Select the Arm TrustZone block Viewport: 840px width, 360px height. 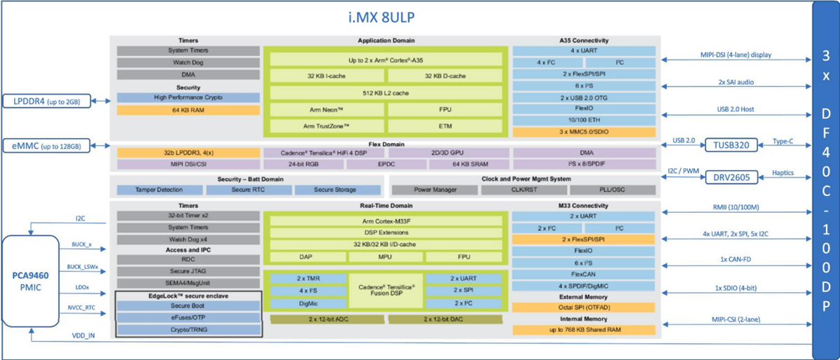[325, 126]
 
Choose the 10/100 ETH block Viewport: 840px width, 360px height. [584, 120]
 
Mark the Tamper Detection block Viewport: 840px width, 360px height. [160, 190]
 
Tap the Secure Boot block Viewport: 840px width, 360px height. [187, 305]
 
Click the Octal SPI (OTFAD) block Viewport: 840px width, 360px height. [584, 307]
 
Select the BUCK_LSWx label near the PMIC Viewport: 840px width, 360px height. [83, 267]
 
